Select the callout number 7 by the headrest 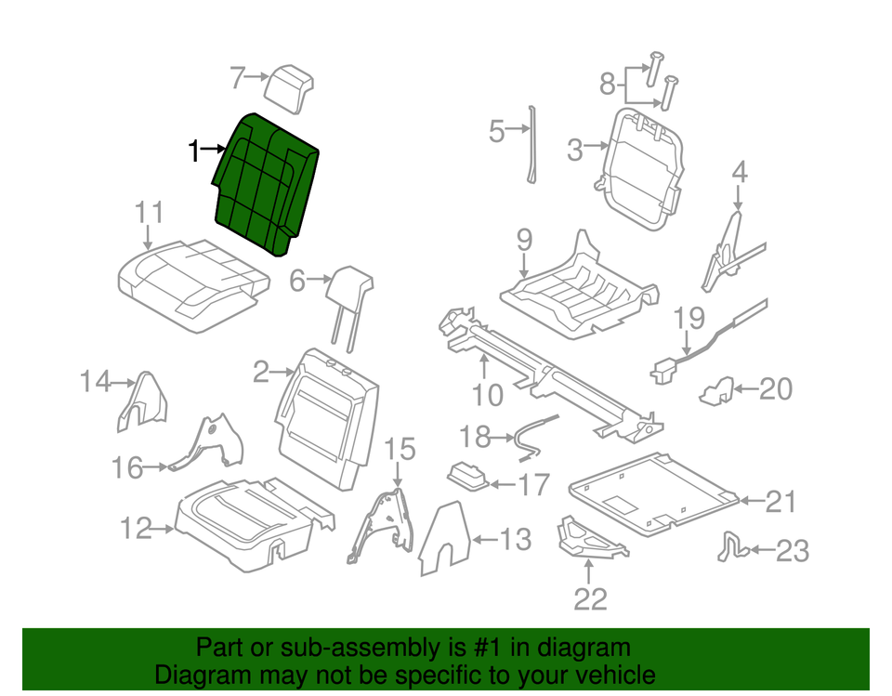pos(238,79)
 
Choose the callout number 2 pos(261,374)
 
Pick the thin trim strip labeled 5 pos(533,144)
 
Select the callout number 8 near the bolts pos(608,85)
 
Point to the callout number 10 pos(487,395)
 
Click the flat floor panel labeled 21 pos(650,490)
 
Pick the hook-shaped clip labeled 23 pos(730,549)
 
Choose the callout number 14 pos(95,381)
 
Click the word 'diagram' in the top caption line pos(584,647)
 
